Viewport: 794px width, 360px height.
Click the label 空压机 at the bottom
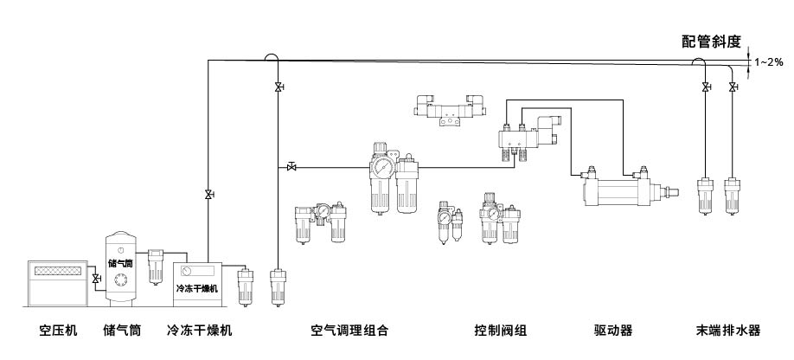(x=58, y=330)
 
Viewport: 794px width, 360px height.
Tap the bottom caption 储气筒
(x=122, y=330)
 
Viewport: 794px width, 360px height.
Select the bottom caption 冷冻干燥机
(x=199, y=330)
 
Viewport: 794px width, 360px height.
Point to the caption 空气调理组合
(x=349, y=330)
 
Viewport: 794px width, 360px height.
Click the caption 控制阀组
(x=501, y=330)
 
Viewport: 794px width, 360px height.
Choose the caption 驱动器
(x=613, y=330)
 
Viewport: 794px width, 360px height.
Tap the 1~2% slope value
(x=769, y=61)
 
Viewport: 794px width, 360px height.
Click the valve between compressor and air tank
(x=95, y=279)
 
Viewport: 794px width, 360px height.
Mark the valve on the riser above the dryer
(x=208, y=195)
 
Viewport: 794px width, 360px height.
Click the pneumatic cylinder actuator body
(x=620, y=189)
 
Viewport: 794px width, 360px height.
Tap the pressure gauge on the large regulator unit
(x=381, y=167)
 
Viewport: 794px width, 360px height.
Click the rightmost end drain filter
(x=733, y=196)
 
